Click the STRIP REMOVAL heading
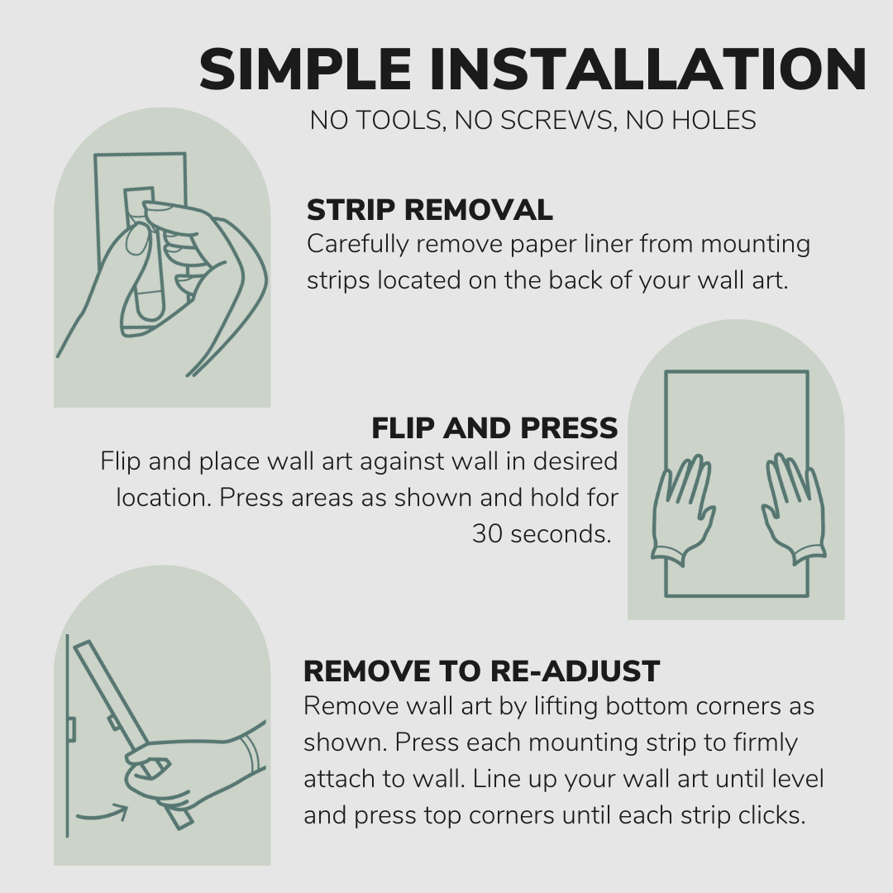tap(429, 210)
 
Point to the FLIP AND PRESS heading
tap(494, 427)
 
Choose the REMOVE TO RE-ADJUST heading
tap(481, 671)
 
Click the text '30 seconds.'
tap(542, 534)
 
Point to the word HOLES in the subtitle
tap(714, 121)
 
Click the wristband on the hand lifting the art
tap(249, 752)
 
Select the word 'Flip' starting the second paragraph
tap(121, 461)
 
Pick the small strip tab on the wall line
tap(71, 729)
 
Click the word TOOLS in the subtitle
tap(389, 121)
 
